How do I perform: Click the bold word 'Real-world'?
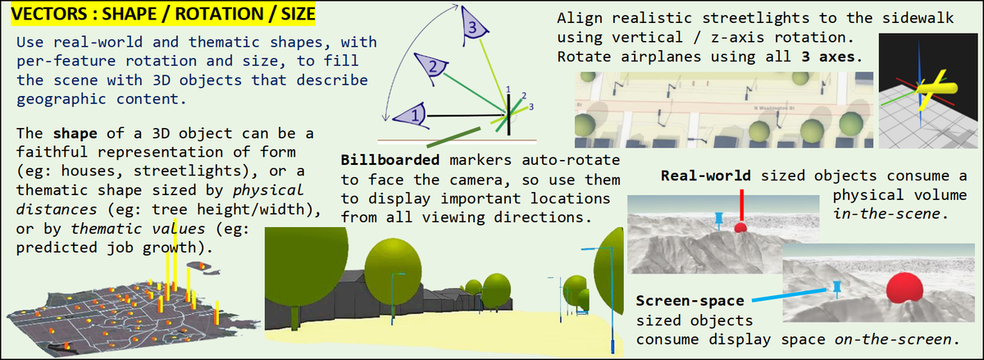706,176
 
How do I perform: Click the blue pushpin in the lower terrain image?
836,287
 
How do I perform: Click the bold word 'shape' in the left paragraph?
75,134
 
